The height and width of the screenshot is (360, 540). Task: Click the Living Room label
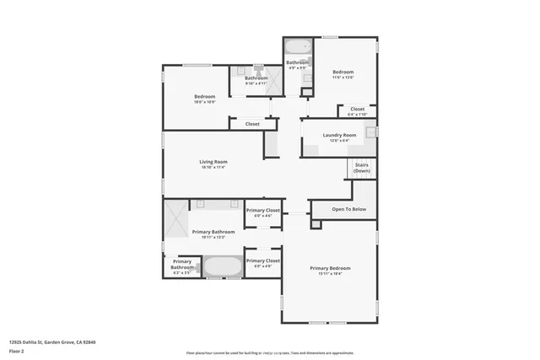(213, 161)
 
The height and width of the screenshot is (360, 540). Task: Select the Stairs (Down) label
(361, 168)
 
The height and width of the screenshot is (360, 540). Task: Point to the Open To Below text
(348, 208)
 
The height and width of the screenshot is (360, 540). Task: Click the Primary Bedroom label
(329, 268)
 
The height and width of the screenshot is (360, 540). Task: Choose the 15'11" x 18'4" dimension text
(329, 274)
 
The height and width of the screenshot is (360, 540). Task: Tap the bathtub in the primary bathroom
(221, 267)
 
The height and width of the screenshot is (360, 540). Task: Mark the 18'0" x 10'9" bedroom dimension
(204, 101)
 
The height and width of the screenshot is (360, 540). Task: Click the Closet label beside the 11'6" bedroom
(357, 109)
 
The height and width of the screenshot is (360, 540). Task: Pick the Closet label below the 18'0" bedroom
(252, 124)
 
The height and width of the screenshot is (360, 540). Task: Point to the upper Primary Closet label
(262, 211)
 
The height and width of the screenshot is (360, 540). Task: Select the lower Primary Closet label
(262, 261)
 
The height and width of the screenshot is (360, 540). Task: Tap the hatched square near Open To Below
(316, 224)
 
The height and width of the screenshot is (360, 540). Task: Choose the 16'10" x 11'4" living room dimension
(213, 167)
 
